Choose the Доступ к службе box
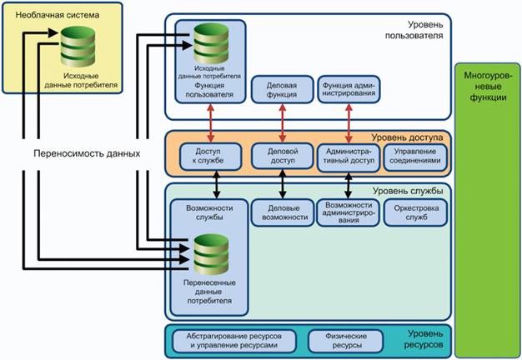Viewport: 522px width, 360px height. click(x=208, y=155)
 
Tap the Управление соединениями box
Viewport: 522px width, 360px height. click(x=415, y=155)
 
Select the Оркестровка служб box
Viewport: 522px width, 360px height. click(x=415, y=211)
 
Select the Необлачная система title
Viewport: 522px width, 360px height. click(x=43, y=14)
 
